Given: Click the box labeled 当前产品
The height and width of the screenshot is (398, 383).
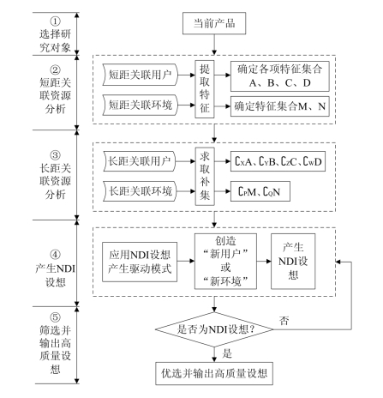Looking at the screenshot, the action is coord(214,23).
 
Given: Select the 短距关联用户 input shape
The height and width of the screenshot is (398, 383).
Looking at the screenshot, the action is coord(141,75).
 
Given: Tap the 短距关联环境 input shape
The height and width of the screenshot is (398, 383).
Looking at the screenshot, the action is coord(141,105).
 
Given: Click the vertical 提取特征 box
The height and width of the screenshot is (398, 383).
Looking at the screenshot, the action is coord(205,89).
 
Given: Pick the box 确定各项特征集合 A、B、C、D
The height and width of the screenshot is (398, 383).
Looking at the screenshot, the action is coord(280,76).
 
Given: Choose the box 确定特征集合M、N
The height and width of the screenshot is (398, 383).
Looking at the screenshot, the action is coord(280,106).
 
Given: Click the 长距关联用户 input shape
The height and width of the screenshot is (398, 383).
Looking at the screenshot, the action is coord(139,161).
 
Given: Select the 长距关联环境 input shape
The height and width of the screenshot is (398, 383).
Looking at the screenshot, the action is coord(140,191).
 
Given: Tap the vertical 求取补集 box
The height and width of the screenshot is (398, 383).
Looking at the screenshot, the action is coord(205,176).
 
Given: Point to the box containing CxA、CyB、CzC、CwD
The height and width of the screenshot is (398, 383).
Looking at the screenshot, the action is coord(278,161).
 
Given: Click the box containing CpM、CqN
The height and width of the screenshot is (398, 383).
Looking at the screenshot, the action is coord(260,191).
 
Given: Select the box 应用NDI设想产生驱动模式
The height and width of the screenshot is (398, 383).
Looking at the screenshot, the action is coord(140,262).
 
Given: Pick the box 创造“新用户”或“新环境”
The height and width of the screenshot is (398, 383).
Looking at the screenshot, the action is coord(225,262).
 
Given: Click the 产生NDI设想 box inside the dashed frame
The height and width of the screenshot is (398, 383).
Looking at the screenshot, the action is coord(293,262).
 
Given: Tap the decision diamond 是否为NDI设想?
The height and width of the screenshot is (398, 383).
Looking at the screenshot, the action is coord(214,329).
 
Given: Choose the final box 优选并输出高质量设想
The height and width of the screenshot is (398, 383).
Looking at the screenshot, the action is coord(214,373).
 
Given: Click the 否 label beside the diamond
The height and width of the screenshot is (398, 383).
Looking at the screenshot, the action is coord(284,321).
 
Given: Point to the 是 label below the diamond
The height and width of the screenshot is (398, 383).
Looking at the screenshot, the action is coord(227,353).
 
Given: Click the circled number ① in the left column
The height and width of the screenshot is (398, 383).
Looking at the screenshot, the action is coord(55,21).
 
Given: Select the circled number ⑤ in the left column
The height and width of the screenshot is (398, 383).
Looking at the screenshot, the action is coord(55,317).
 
